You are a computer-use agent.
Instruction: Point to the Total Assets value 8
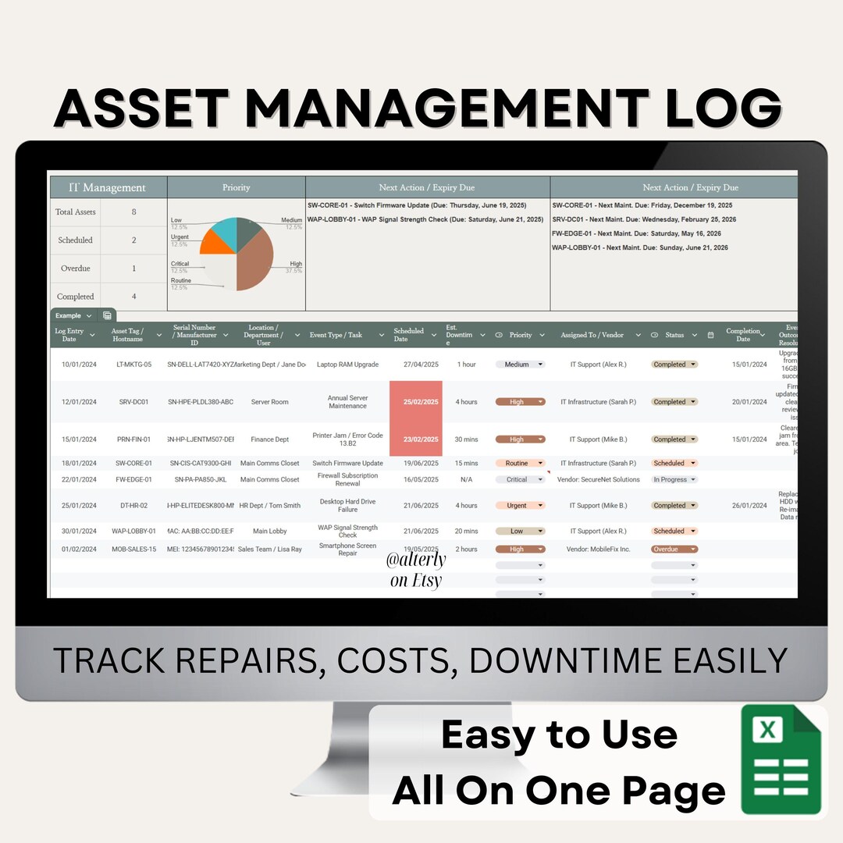point(133,212)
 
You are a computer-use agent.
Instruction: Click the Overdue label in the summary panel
point(75,268)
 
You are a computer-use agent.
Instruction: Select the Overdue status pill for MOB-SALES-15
point(674,550)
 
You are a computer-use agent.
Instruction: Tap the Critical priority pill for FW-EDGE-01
point(519,480)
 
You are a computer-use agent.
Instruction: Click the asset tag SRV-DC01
point(133,402)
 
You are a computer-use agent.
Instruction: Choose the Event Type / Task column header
point(336,335)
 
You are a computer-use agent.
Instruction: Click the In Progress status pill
point(674,480)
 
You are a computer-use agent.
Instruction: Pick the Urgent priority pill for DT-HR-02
point(519,506)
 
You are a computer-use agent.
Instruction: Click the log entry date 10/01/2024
point(78,365)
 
